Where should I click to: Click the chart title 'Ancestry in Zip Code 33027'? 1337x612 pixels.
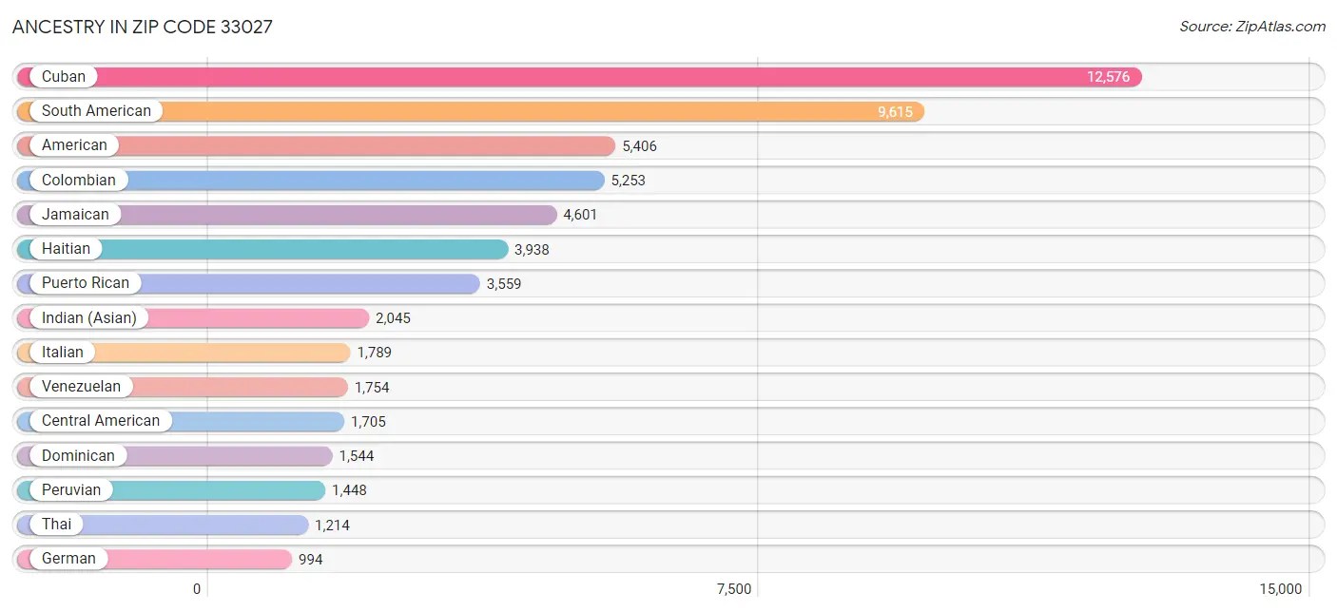[143, 27]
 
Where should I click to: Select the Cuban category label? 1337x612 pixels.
[64, 77]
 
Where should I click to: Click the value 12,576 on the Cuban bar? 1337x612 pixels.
[1108, 77]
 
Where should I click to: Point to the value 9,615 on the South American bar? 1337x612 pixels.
[895, 112]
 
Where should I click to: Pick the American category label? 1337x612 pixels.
[74, 145]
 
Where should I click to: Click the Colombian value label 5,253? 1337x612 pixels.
[628, 181]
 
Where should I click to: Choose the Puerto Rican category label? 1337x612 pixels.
[86, 283]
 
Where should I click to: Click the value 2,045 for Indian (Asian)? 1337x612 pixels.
[393, 318]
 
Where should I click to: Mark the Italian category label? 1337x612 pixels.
[63, 353]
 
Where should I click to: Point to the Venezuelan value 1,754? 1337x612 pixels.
[372, 388]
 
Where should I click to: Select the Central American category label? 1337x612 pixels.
[101, 421]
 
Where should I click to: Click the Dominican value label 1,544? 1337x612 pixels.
[357, 456]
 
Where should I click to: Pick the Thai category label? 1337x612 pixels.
[56, 525]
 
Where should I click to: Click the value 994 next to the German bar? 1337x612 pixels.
[310, 560]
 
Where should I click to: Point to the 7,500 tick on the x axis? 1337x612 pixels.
[734, 589]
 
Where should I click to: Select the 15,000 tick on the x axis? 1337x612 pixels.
[1280, 589]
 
